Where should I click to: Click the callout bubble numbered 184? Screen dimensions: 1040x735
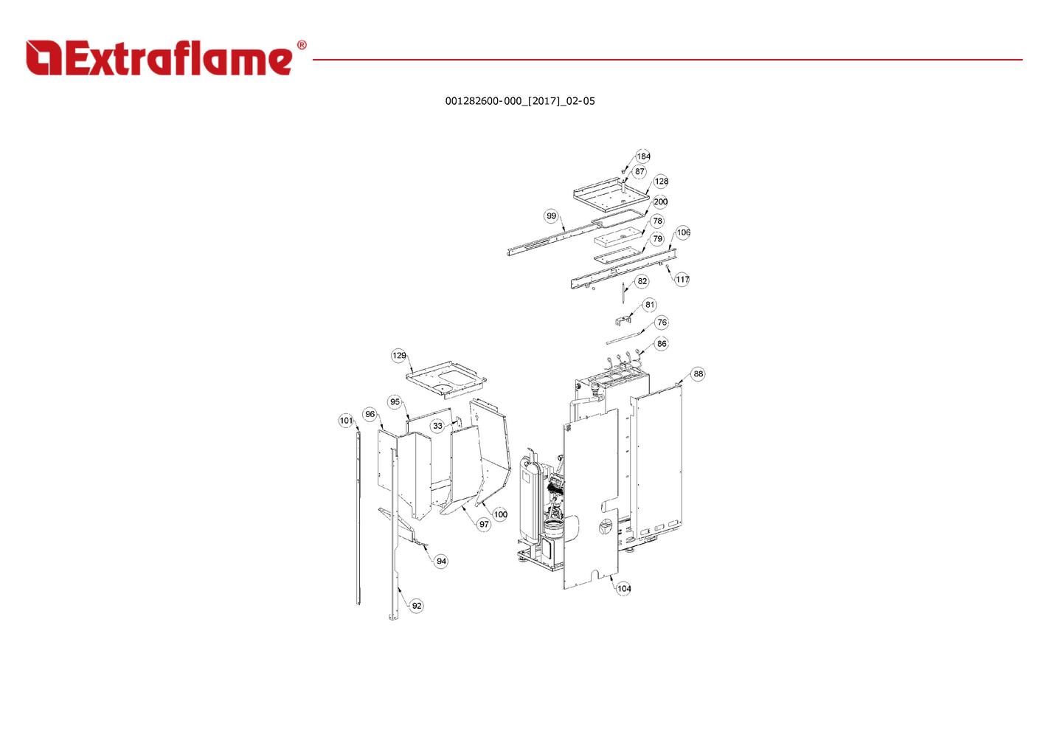coord(643,156)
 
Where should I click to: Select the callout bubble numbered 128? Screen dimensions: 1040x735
coord(661,182)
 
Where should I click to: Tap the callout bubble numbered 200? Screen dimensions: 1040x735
coord(660,201)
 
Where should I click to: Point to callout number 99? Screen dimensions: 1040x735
coord(551,215)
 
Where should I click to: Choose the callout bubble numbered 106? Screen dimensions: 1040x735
coord(683,232)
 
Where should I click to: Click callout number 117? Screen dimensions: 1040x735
coord(682,279)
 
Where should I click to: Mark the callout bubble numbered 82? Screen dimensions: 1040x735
coord(642,281)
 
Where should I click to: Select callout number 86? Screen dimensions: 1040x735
coord(662,344)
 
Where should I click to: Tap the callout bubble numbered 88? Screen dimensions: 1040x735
coord(698,374)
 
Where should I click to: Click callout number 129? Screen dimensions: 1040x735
coord(399,356)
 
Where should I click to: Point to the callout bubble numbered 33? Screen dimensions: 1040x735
coord(438,426)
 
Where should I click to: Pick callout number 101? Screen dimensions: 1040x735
coord(347,421)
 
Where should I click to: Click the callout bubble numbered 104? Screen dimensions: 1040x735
coord(623,589)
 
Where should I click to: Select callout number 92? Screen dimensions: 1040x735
coord(417,606)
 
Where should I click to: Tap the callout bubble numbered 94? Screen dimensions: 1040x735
coord(441,562)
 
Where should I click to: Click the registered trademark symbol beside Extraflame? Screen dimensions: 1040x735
coord(302,45)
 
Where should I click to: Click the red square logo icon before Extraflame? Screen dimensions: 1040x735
coord(44,58)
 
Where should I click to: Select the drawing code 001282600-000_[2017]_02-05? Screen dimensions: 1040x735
coord(520,101)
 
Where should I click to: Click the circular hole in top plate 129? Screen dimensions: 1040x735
coord(443,387)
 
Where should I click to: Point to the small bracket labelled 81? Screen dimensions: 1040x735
coord(623,320)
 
